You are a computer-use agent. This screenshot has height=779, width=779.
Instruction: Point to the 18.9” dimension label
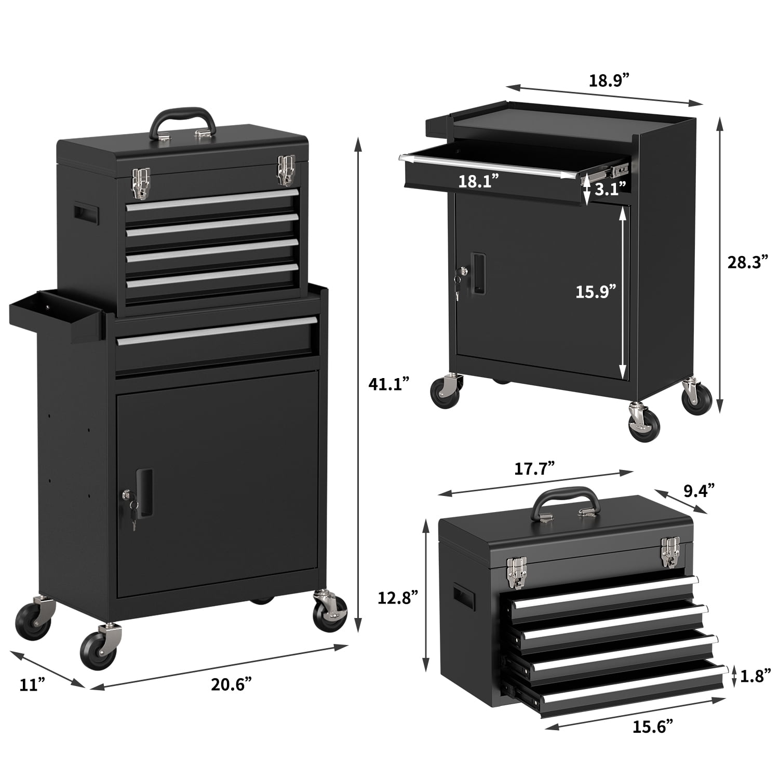[609, 81]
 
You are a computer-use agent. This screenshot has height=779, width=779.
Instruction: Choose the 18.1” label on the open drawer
[478, 181]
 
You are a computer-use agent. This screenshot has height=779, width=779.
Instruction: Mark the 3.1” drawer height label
[610, 188]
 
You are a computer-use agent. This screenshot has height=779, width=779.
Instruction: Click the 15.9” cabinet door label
[596, 291]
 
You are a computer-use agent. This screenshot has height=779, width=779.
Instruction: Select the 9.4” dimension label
[699, 490]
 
